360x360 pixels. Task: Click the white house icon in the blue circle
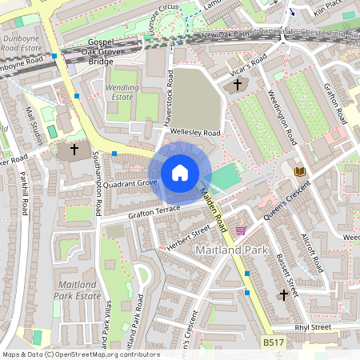click(180, 173)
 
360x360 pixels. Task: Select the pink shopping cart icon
click(241, 230)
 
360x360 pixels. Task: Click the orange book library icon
click(299, 172)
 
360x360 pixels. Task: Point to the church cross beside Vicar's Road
click(238, 84)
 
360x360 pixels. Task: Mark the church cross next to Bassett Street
click(282, 295)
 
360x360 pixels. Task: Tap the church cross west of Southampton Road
click(74, 149)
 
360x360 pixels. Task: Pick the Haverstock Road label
click(169, 99)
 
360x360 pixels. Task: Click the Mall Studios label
click(36, 124)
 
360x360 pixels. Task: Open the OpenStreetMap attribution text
click(80, 354)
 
